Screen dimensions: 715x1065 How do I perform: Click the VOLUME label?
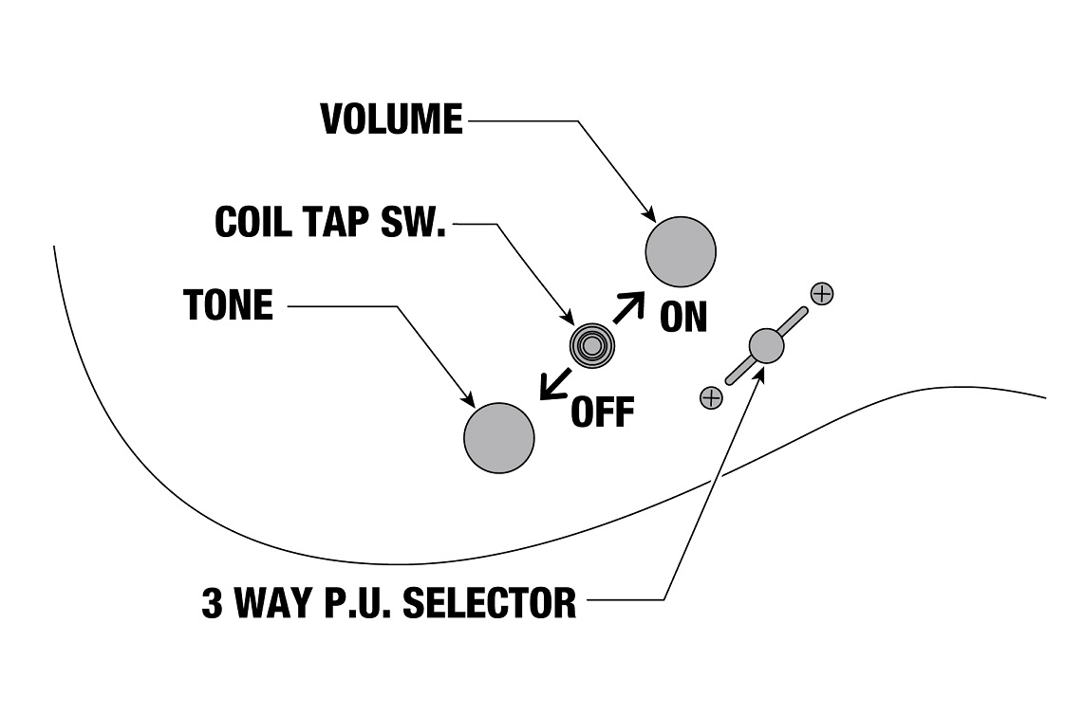click(391, 120)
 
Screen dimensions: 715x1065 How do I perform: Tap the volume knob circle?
click(681, 251)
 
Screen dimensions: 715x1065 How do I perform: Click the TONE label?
click(228, 305)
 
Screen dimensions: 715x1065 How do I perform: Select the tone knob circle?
click(498, 437)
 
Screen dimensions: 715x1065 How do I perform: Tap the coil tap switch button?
click(590, 346)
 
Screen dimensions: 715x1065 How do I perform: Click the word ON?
click(683, 318)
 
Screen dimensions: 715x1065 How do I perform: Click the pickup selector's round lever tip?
click(766, 345)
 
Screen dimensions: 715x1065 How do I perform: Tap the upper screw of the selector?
click(822, 293)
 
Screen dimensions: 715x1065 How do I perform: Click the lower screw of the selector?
click(710, 398)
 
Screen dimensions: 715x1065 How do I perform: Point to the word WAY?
click(275, 603)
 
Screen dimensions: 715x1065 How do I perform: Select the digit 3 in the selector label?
click(213, 603)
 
